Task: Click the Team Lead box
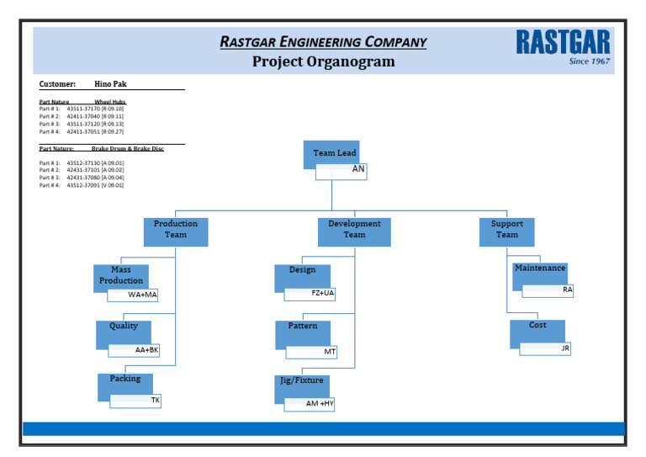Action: (335, 153)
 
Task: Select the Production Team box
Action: (176, 230)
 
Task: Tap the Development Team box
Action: (354, 230)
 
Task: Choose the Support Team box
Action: (506, 230)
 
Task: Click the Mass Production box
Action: (121, 275)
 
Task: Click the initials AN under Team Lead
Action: (357, 170)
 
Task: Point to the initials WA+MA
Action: (142, 295)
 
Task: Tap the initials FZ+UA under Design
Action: (322, 294)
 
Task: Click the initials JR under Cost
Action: (564, 348)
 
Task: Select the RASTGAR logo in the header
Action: (563, 42)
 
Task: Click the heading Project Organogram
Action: (323, 61)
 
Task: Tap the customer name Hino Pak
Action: (110, 84)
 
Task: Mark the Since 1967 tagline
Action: (589, 61)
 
